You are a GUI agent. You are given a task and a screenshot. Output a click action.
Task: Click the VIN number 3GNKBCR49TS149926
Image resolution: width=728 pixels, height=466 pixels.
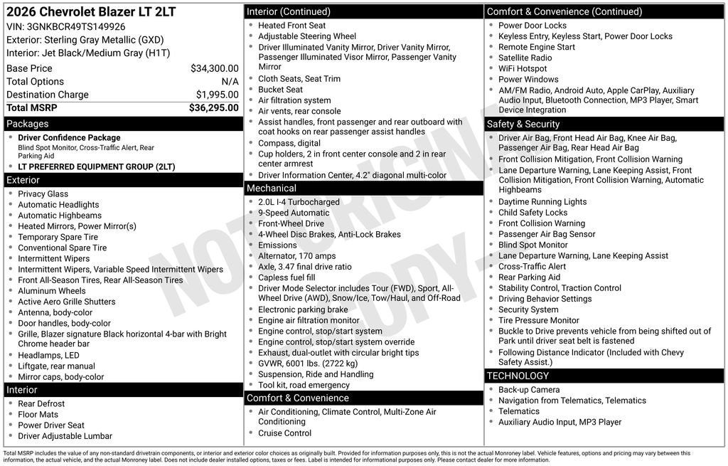[75, 27]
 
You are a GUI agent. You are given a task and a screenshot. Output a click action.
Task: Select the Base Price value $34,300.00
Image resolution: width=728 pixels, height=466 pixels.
[214, 68]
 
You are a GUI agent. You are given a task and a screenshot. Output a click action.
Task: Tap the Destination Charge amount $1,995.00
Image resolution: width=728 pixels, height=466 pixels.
[217, 95]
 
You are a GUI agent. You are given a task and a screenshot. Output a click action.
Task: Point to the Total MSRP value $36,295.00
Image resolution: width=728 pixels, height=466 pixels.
[213, 107]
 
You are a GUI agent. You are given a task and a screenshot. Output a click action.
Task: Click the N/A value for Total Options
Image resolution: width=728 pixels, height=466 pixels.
[230, 82]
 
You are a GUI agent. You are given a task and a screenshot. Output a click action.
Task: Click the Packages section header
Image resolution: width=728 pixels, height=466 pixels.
[28, 124]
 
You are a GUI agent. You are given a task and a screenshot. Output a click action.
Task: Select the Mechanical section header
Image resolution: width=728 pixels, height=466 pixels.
[271, 189]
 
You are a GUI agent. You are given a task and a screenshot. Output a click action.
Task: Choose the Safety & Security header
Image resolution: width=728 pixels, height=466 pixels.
[523, 124]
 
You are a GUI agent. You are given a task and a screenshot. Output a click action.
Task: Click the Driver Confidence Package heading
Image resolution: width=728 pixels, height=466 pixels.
[69, 138]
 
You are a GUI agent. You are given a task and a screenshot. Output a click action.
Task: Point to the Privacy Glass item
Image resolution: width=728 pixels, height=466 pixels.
[43, 194]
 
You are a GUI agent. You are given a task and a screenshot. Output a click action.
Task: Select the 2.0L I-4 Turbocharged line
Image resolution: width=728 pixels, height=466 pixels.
[299, 202]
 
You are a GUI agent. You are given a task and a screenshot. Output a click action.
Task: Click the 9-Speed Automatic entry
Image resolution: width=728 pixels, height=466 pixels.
[294, 213]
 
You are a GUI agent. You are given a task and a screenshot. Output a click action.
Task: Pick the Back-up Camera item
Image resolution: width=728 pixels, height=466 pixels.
[529, 390]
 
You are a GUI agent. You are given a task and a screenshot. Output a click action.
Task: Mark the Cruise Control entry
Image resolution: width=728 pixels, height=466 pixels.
[284, 433]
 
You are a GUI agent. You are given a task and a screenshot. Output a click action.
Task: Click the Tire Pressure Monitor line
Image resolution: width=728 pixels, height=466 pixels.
[538, 321]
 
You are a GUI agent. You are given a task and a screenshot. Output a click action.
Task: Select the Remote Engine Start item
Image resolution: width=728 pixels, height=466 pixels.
[536, 47]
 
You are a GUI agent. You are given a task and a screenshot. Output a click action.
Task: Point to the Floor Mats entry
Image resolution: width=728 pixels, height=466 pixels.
[38, 415]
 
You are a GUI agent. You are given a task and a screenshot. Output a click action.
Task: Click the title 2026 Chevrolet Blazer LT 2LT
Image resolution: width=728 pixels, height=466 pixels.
[90, 12]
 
